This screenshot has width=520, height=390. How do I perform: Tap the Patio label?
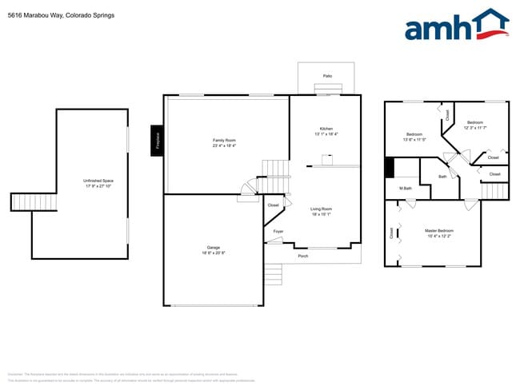(327, 76)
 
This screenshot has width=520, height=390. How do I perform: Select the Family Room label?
(224, 140)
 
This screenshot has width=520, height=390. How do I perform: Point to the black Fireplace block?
(158, 141)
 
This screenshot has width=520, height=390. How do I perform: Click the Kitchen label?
(326, 129)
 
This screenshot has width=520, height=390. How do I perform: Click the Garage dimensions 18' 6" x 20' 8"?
(214, 253)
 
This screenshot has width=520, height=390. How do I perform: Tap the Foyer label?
(278, 231)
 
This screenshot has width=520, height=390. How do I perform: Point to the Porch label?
(303, 256)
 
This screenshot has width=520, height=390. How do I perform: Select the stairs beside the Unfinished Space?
(34, 201)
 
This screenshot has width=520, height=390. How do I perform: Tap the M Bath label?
(405, 188)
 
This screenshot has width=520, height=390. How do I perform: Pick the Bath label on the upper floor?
(442, 176)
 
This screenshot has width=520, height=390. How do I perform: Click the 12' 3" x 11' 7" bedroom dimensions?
(475, 128)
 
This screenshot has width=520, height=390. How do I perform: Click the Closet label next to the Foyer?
(274, 205)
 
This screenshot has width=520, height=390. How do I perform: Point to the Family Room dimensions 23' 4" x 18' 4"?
(224, 145)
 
